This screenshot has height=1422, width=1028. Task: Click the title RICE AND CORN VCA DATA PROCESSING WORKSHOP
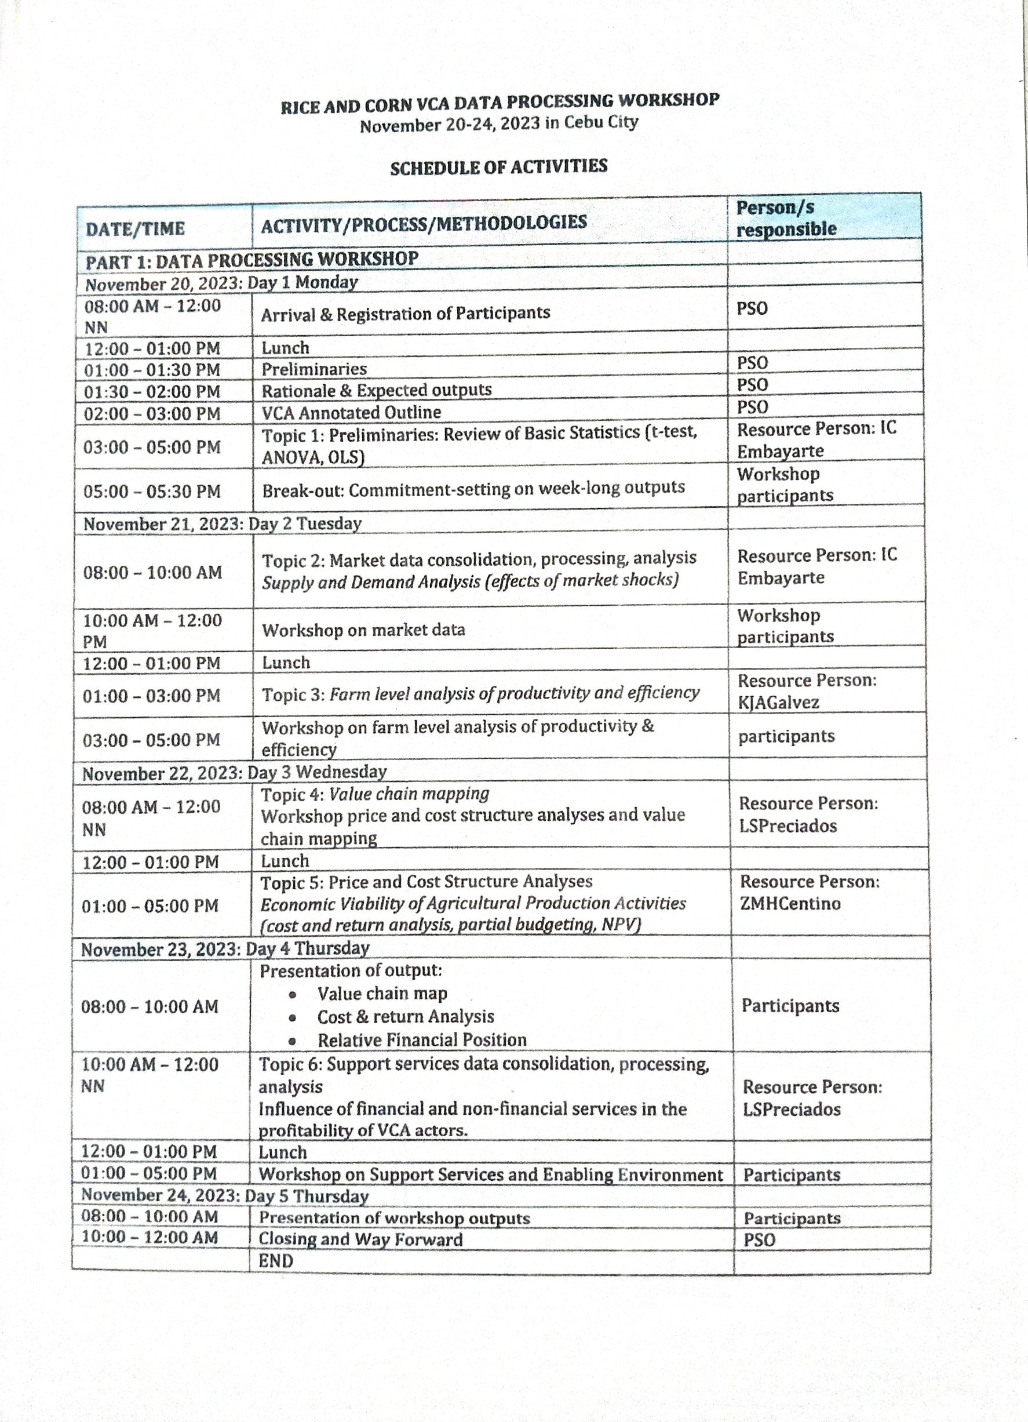[500, 103]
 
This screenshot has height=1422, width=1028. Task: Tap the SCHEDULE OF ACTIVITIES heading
[498, 168]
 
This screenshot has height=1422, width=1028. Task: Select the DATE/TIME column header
[136, 229]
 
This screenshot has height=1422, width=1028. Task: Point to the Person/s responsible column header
[786, 218]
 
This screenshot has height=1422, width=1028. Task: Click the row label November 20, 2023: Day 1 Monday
[221, 283]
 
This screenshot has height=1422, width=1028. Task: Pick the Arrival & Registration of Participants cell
[406, 313]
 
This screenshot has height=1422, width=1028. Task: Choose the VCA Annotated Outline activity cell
[351, 413]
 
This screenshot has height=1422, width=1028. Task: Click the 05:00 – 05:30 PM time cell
[152, 491]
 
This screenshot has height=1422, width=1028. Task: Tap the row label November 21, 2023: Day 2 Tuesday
[223, 523]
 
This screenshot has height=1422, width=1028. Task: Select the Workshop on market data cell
[363, 630]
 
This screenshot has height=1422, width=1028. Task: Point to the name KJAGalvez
[778, 702]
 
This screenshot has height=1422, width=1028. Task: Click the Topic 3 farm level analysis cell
[480, 693]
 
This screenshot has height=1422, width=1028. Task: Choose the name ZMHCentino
[789, 904]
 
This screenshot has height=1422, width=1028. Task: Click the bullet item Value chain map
[382, 994]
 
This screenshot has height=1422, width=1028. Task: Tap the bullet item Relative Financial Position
[422, 1040]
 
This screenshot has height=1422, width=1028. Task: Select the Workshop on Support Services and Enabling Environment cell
[491, 1174]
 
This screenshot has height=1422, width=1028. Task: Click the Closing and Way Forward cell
[360, 1239]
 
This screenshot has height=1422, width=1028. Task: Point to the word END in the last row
[276, 1261]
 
